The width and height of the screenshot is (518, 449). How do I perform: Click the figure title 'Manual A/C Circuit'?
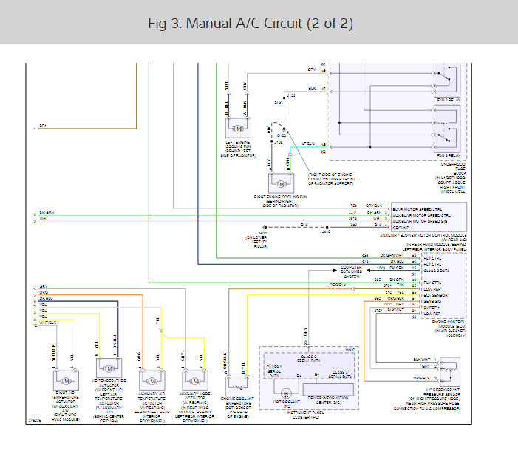(251, 24)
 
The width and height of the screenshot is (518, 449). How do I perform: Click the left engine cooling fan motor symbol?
(239, 128)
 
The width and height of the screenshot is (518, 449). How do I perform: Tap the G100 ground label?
(281, 136)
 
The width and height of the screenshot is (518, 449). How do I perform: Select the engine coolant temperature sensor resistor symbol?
(239, 386)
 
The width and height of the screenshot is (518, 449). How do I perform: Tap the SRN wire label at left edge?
(43, 126)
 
